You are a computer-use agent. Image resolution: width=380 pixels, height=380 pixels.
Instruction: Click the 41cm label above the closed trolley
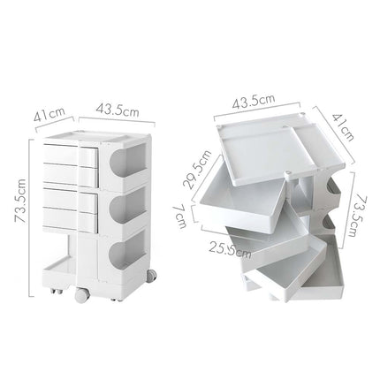[x=52, y=112]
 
